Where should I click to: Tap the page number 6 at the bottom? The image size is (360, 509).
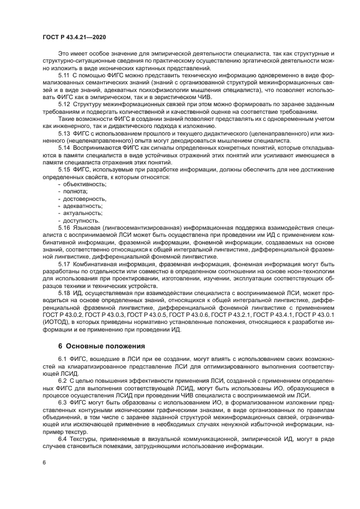pos(44,462)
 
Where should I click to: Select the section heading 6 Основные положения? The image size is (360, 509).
pos(93,346)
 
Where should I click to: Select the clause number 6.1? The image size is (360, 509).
pos(63,361)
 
